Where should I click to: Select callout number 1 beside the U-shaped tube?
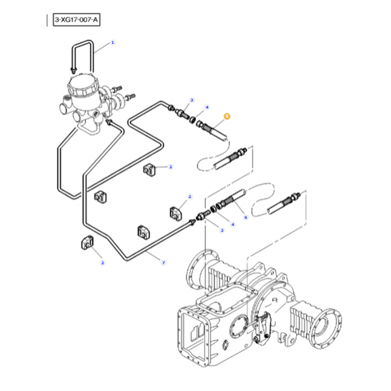112,42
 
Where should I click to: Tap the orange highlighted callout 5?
226,116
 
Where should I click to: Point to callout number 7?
163,262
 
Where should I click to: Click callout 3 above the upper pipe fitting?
191,100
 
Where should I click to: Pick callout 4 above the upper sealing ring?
207,107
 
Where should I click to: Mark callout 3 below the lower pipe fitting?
221,230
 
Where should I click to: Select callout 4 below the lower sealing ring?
232,224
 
